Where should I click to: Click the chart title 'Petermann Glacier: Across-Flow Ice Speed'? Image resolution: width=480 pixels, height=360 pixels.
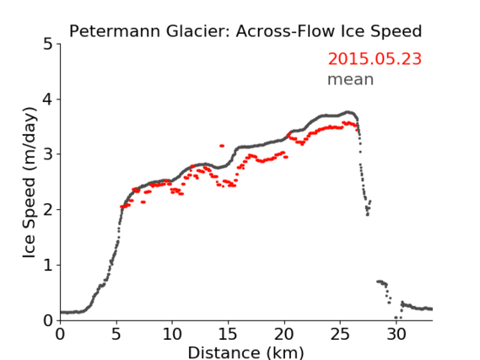pyautogui.click(x=245, y=31)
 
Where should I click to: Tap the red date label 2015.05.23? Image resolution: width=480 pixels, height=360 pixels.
pyautogui.click(x=375, y=59)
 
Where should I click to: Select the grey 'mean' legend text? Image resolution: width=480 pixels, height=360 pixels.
pyautogui.click(x=351, y=79)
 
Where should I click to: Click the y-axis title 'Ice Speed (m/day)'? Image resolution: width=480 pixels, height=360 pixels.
pyautogui.click(x=30, y=182)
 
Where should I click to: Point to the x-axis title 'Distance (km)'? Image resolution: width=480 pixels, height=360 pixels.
pyautogui.click(x=245, y=352)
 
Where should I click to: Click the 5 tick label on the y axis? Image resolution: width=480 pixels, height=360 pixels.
pyautogui.click(x=48, y=45)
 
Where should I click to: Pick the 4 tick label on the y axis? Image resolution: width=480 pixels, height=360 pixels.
pyautogui.click(x=48, y=99)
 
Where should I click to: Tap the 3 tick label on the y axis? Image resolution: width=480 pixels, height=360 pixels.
pyautogui.click(x=48, y=154)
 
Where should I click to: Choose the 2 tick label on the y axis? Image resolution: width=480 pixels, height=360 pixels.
pyautogui.click(x=48, y=210)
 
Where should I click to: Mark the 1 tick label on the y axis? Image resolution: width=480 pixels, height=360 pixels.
pyautogui.click(x=48, y=266)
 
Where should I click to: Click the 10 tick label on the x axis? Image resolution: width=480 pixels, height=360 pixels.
pyautogui.click(x=172, y=335)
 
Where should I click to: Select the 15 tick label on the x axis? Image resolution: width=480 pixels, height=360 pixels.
pyautogui.click(x=228, y=335)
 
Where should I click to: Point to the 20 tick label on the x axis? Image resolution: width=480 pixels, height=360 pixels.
pyautogui.click(x=284, y=335)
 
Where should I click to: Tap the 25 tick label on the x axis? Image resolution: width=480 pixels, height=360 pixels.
pyautogui.click(x=340, y=335)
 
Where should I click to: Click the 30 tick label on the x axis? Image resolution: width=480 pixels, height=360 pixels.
pyautogui.click(x=396, y=335)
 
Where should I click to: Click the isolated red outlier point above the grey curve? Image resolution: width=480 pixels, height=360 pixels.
pyautogui.click(x=222, y=146)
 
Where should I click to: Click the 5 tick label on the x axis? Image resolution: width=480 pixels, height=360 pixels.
pyautogui.click(x=116, y=335)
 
